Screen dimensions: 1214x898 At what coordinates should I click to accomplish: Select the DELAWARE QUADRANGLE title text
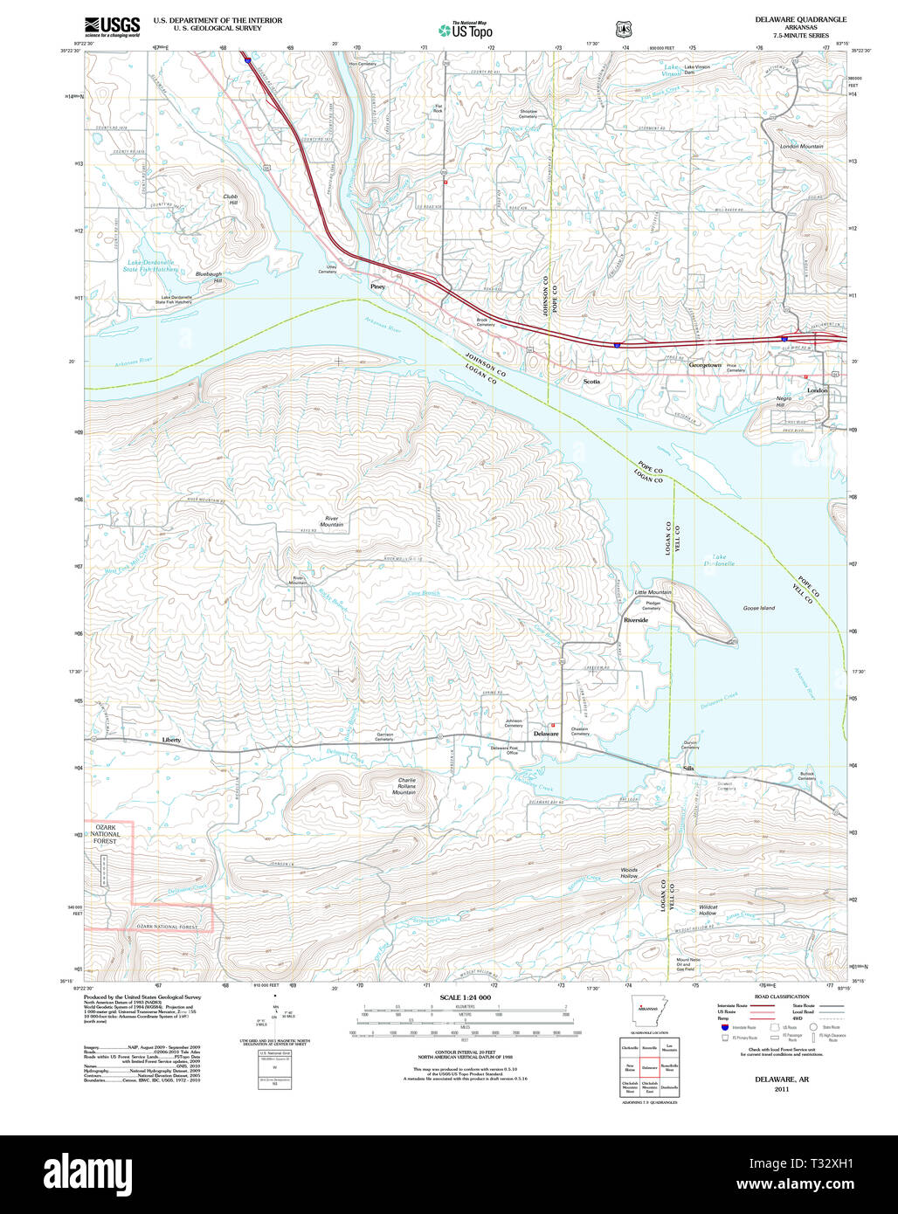pos(800,18)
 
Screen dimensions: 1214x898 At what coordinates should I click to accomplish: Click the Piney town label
pos(377,286)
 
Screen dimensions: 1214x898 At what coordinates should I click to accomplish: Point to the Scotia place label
pos(591,381)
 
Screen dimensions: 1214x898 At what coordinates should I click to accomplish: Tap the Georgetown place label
pos(705,365)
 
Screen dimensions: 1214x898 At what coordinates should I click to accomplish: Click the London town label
pos(817,390)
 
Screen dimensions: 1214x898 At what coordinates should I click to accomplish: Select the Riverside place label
pos(636,619)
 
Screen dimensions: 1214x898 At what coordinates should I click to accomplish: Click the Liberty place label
pos(171,740)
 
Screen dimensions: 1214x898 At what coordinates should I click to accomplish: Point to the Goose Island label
pos(758,608)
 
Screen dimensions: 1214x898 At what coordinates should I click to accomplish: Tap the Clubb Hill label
pos(230,199)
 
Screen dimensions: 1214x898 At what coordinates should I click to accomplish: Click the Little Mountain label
pos(653,592)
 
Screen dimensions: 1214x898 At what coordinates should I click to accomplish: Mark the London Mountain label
pos(801,146)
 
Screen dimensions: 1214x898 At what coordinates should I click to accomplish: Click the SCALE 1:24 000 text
pos(465,997)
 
